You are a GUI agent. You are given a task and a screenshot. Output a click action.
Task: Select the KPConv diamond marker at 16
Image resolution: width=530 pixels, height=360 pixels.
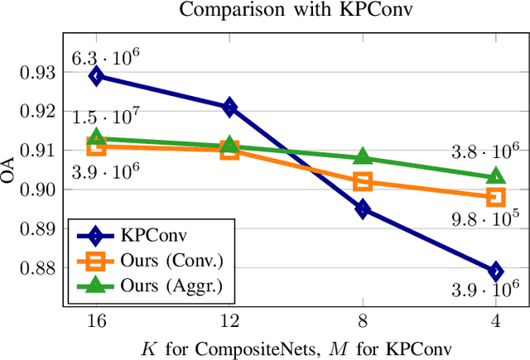coord(96,76)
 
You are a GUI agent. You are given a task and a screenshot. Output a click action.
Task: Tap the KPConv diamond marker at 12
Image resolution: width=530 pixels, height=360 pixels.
coord(229,107)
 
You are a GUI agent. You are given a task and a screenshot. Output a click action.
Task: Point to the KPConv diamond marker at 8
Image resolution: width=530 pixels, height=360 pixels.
coord(363,209)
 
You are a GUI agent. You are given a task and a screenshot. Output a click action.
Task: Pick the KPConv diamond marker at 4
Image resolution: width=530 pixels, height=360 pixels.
coord(496,271)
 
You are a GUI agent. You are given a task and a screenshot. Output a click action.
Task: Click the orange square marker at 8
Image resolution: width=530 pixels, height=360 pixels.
coord(363,181)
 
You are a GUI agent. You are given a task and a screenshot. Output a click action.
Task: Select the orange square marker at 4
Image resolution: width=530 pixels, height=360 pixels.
coord(496,197)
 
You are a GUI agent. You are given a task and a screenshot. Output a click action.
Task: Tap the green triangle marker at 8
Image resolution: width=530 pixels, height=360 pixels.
coord(363,156)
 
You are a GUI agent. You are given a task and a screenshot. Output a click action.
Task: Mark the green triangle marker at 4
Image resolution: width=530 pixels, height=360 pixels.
coord(496,175)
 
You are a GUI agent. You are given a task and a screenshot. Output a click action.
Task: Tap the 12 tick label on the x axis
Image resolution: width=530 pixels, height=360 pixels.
coord(229,319)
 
